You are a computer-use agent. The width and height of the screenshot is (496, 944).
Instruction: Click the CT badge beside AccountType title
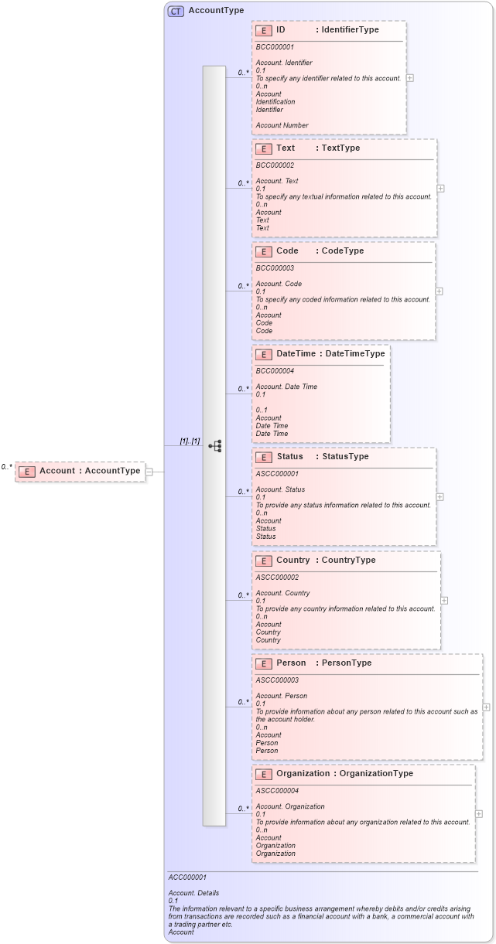[x=176, y=11]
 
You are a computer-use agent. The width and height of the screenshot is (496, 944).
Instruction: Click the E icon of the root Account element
[x=27, y=471]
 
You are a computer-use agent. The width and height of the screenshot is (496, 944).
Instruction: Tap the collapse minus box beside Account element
[x=149, y=472]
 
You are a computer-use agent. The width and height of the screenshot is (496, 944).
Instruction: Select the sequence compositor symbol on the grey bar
[x=214, y=446]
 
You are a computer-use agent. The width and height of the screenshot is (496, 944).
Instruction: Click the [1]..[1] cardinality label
[x=190, y=441]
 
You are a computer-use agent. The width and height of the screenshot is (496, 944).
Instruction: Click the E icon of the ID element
[x=263, y=30]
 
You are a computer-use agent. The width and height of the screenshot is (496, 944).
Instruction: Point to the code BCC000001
[x=275, y=46]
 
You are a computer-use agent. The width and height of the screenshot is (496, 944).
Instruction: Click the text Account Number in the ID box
[x=282, y=125]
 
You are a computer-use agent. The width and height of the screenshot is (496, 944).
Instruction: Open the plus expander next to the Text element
[x=440, y=188]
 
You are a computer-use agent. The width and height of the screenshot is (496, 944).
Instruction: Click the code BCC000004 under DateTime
[x=275, y=370]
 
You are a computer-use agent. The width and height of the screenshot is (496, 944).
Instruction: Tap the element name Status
[x=289, y=457]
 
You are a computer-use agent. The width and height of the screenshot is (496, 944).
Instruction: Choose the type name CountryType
[x=348, y=561]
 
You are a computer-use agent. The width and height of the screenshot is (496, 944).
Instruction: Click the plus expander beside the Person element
[x=486, y=707]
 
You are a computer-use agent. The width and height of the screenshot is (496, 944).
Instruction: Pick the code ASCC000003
[x=277, y=680]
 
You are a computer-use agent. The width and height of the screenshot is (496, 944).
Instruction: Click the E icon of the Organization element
[x=263, y=774]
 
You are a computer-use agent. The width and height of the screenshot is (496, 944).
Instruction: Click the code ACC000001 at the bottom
[x=187, y=878]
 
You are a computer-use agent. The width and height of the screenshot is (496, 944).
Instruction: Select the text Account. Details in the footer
[x=193, y=893]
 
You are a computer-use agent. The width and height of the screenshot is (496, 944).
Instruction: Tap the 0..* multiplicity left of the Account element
[x=7, y=467]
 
